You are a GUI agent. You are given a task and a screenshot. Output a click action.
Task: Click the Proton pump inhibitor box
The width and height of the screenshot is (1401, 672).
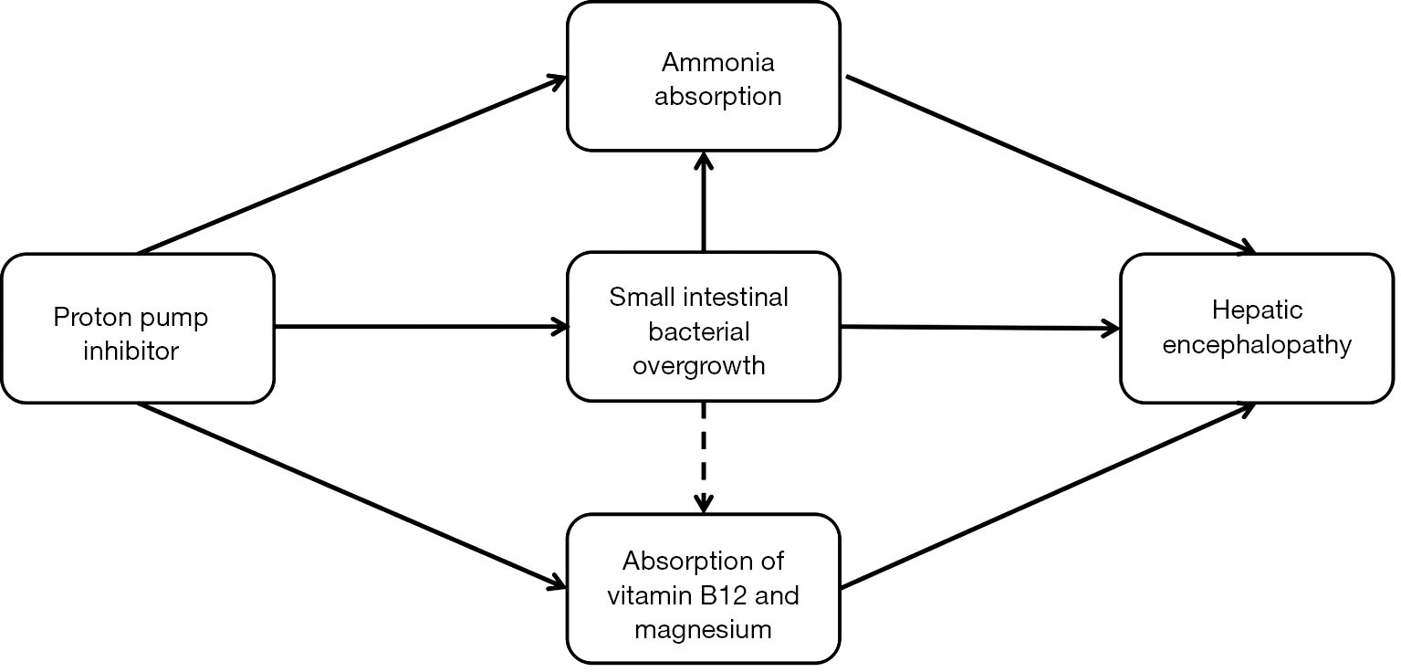[x=137, y=328]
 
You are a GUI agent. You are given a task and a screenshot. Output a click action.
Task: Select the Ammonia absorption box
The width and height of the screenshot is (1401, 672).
[x=703, y=77]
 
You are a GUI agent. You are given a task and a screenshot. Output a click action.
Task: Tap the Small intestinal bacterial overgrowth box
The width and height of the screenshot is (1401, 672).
[x=703, y=327]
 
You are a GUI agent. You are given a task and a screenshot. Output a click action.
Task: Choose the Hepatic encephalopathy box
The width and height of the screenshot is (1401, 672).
[x=1257, y=328]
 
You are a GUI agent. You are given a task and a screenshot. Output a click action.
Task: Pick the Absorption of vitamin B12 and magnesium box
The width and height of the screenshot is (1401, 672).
[x=703, y=588]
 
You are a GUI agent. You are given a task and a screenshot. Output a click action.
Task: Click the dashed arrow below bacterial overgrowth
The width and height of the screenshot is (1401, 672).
[x=703, y=457]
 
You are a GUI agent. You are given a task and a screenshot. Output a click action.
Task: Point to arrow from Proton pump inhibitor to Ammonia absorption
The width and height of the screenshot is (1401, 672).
[x=351, y=165]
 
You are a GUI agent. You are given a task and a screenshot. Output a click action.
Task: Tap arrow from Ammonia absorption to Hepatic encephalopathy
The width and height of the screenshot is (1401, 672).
[x=1050, y=164]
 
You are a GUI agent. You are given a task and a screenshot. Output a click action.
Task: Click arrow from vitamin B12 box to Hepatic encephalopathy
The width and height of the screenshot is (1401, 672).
[x=1050, y=495]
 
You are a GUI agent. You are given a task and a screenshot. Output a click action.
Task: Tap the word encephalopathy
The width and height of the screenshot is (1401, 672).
[x=1257, y=346]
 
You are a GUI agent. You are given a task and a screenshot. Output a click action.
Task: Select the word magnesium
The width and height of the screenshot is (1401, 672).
[x=703, y=630]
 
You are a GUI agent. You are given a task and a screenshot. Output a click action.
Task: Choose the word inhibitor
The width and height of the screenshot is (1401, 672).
[x=131, y=352]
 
